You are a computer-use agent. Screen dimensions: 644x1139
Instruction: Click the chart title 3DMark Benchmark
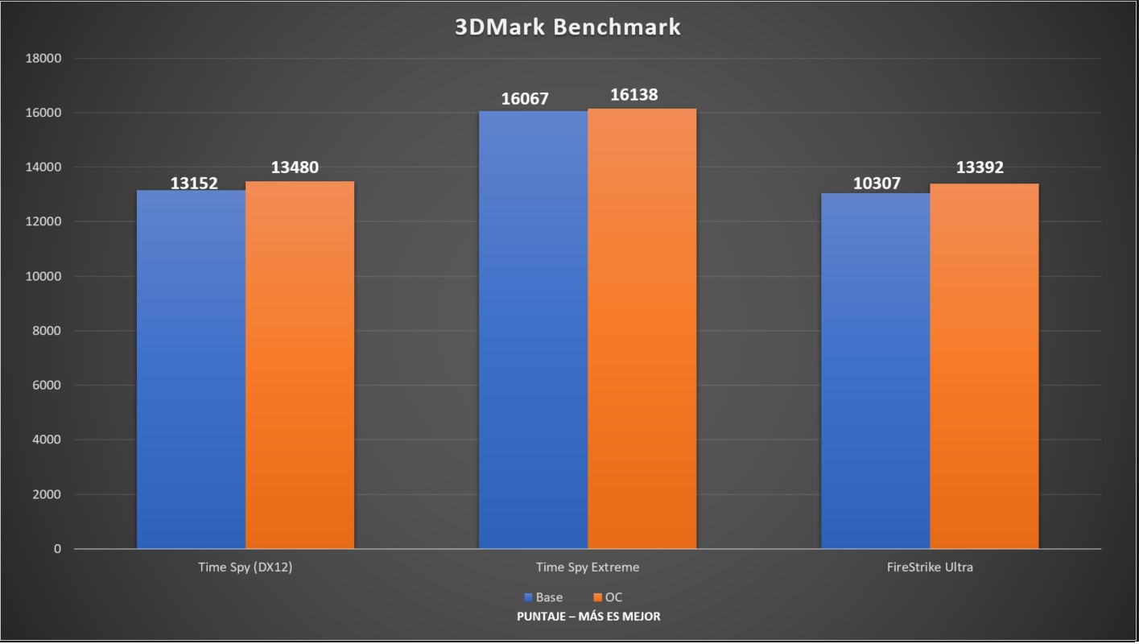[x=568, y=27]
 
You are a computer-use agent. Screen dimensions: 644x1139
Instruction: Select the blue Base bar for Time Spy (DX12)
[x=191, y=369]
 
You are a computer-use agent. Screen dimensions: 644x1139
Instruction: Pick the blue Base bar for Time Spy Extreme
[x=533, y=330]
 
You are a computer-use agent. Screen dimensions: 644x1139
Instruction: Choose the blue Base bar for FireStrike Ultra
[x=875, y=371]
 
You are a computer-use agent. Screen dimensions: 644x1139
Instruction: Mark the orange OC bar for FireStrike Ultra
[x=984, y=366]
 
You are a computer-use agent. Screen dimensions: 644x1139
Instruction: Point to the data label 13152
[x=194, y=183]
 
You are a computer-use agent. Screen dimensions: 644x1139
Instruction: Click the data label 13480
[x=295, y=167]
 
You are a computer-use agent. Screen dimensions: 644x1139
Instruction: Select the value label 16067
[x=524, y=99]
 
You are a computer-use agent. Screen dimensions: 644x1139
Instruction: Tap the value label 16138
[x=633, y=95]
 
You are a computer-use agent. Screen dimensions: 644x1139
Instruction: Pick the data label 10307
[x=877, y=184]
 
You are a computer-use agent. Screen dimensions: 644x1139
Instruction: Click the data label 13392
[x=980, y=167]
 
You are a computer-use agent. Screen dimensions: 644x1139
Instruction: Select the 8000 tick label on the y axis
[x=47, y=331]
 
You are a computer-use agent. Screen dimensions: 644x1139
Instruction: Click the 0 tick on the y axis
[x=57, y=549]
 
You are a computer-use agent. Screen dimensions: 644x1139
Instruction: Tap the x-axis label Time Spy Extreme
[x=588, y=567]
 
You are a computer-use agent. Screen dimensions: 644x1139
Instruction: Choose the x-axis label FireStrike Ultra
[x=930, y=567]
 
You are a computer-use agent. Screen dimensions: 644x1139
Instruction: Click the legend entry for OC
[x=608, y=597]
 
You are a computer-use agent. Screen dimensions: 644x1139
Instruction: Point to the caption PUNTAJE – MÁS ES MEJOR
[x=588, y=617]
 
